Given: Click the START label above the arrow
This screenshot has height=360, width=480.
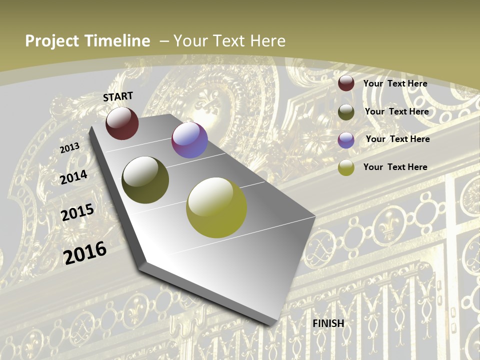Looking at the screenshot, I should (x=118, y=96).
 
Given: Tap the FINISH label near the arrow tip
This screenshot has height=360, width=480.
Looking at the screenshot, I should (x=328, y=323).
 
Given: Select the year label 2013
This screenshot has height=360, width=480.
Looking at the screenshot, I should (x=70, y=148).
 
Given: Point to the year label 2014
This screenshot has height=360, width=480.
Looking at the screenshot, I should (x=74, y=177).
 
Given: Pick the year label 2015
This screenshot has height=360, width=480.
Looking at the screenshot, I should (x=77, y=212).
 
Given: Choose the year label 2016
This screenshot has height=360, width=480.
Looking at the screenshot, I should (x=85, y=252).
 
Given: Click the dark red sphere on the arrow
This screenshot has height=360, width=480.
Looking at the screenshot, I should (x=122, y=123).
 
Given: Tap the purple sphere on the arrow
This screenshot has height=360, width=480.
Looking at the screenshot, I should (x=189, y=140).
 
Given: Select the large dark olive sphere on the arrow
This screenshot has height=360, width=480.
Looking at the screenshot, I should (x=145, y=180).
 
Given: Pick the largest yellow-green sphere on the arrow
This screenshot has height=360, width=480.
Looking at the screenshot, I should (x=216, y=207).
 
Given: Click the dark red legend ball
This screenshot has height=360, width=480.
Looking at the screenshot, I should (x=346, y=83).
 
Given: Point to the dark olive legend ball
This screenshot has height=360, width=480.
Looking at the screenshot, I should (x=346, y=112).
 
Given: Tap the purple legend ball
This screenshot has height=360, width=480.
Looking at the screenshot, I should (x=346, y=140).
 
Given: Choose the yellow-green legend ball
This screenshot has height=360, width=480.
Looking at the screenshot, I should (x=346, y=167).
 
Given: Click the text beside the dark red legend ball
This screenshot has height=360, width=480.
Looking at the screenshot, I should (x=395, y=83).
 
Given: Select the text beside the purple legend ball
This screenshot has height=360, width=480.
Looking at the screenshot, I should (x=397, y=139).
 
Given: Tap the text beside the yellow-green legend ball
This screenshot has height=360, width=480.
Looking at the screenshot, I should (x=395, y=167).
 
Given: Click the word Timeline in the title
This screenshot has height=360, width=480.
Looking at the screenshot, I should (x=118, y=41).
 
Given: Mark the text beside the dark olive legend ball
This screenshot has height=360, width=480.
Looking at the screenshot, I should (x=396, y=111).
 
